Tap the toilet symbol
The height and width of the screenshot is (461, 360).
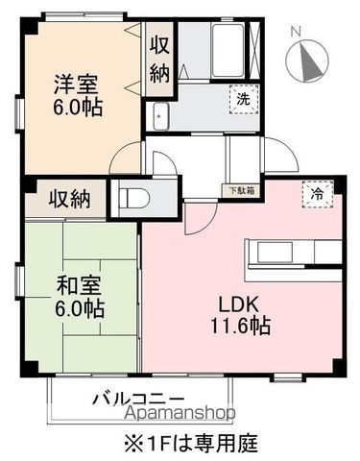tap(135, 200)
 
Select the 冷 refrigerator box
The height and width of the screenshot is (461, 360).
tap(317, 193)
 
